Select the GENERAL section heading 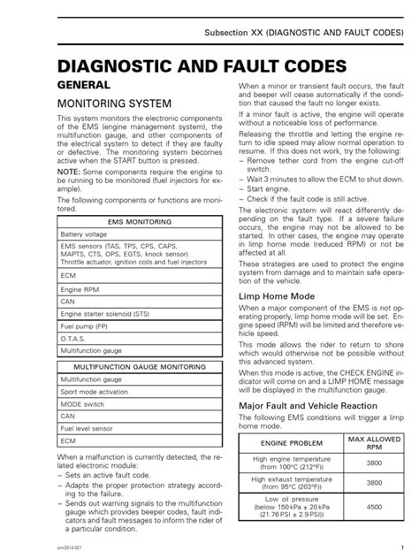coord(84,86)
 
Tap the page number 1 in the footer coord(402,548)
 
